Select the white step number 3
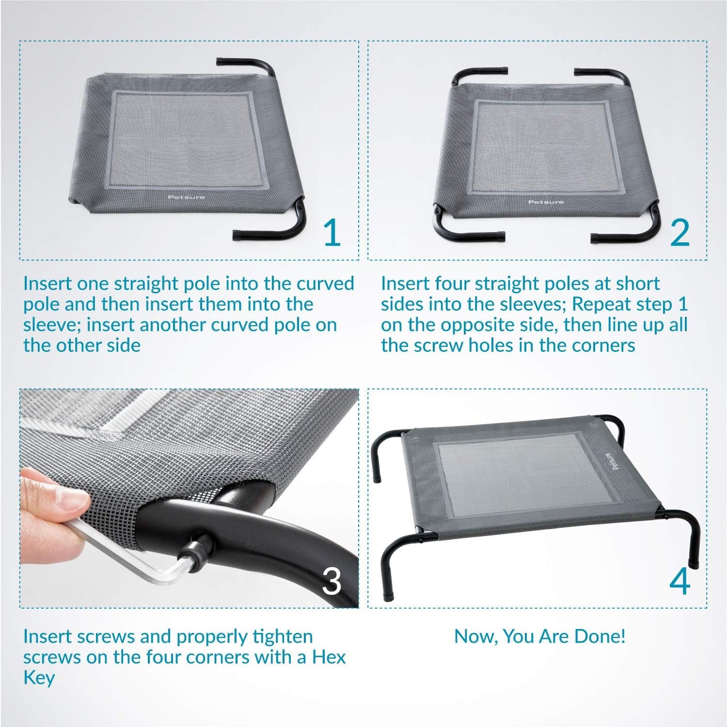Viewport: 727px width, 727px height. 331,581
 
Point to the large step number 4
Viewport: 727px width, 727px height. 680,581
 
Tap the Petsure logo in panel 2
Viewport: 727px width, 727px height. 546,202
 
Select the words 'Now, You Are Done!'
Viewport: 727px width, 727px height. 540,636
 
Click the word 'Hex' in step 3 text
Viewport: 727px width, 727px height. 329,657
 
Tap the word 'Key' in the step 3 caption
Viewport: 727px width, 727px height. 39,678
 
